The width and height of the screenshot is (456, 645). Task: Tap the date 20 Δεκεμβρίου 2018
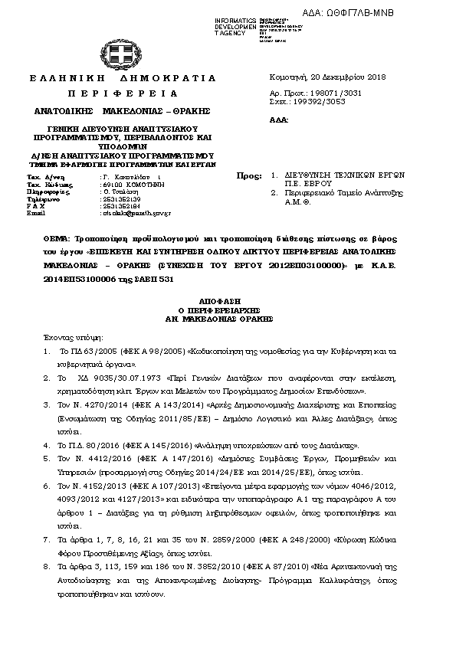tap(346, 77)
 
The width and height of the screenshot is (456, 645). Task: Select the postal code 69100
tap(112, 185)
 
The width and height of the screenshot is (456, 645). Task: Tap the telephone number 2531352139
tap(120, 199)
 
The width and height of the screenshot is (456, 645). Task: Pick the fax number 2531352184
tap(120, 206)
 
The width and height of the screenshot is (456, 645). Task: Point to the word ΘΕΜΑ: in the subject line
tap(57, 239)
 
